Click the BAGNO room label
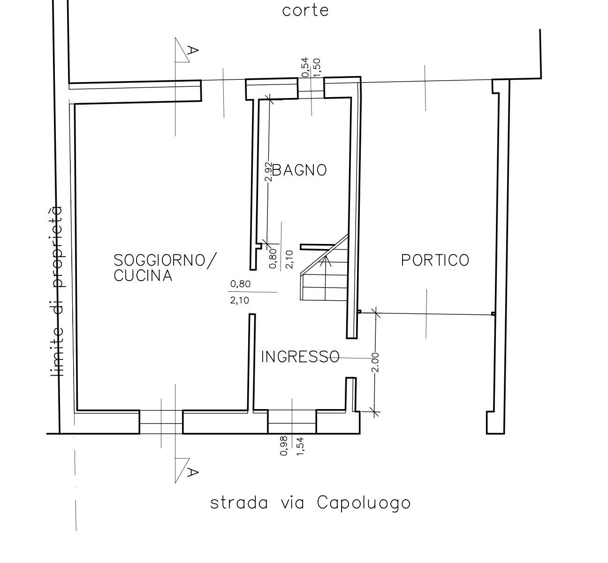pyautogui.click(x=299, y=170)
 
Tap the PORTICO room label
pyautogui.click(x=435, y=260)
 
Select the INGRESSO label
pyautogui.click(x=300, y=357)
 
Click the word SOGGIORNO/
pyautogui.click(x=165, y=261)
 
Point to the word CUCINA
pyautogui.click(x=143, y=275)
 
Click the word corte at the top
pyautogui.click(x=305, y=11)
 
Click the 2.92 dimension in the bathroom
pyautogui.click(x=268, y=172)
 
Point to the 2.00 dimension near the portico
pyautogui.click(x=376, y=362)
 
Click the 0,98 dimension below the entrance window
pyautogui.click(x=284, y=446)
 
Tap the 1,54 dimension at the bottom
pyautogui.click(x=301, y=446)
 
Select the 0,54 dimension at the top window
pyautogui.click(x=305, y=68)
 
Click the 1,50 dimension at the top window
pyautogui.click(x=317, y=68)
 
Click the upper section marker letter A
pyautogui.click(x=192, y=50)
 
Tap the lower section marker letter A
pyautogui.click(x=192, y=472)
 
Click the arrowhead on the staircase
pyautogui.click(x=327, y=261)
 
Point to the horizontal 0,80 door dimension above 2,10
pyautogui.click(x=240, y=284)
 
